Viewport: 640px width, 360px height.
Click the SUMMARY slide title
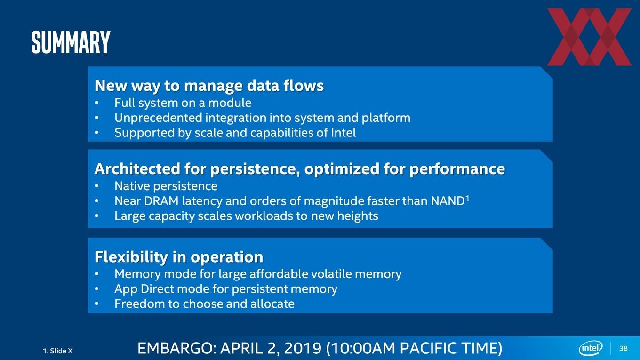71,42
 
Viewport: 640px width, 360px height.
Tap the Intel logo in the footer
591,348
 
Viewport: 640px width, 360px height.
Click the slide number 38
624,348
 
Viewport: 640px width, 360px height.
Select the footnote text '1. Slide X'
58,351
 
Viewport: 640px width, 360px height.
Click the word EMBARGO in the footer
175,348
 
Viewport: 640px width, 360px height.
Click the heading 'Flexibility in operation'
179,256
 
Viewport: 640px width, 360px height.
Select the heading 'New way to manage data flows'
209,86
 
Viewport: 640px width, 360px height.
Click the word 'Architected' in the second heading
137,168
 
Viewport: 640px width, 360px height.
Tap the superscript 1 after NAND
467,198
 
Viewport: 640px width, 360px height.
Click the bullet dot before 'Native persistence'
96,186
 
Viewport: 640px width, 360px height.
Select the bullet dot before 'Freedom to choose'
96,304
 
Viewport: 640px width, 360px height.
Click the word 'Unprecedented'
158,118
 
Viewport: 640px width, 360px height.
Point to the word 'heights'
358,216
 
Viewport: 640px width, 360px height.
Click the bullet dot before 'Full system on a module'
96,103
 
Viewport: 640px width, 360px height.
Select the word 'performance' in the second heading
457,169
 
